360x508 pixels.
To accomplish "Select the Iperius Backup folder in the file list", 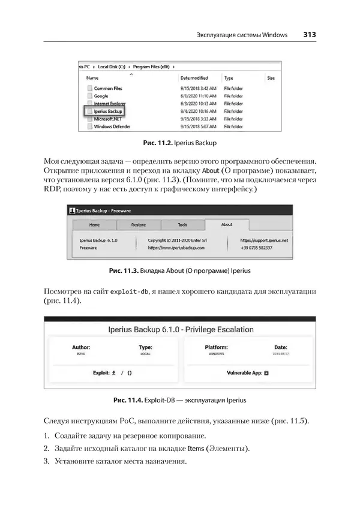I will (x=108, y=111).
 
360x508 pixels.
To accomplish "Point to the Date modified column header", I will (x=194, y=78).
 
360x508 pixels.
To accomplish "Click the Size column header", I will (x=271, y=78).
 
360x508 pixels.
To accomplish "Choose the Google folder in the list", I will (x=101, y=96).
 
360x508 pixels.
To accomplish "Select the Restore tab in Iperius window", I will (x=138, y=225).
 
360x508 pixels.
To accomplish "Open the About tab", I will (x=227, y=225).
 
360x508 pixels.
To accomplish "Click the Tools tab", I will (x=182, y=225).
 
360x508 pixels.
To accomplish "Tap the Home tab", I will (x=94, y=225).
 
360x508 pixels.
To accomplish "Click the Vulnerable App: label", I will (x=244, y=372).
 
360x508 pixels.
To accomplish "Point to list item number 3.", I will (x=46, y=461).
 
